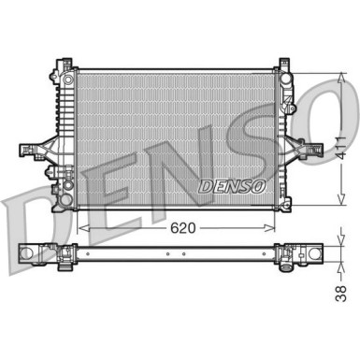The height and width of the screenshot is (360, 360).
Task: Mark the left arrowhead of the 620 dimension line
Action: pyautogui.click(x=90, y=226)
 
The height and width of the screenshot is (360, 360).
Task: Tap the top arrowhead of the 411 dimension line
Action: pyautogui.click(x=338, y=75)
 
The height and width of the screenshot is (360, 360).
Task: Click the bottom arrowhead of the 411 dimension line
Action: pyautogui.click(x=338, y=203)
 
